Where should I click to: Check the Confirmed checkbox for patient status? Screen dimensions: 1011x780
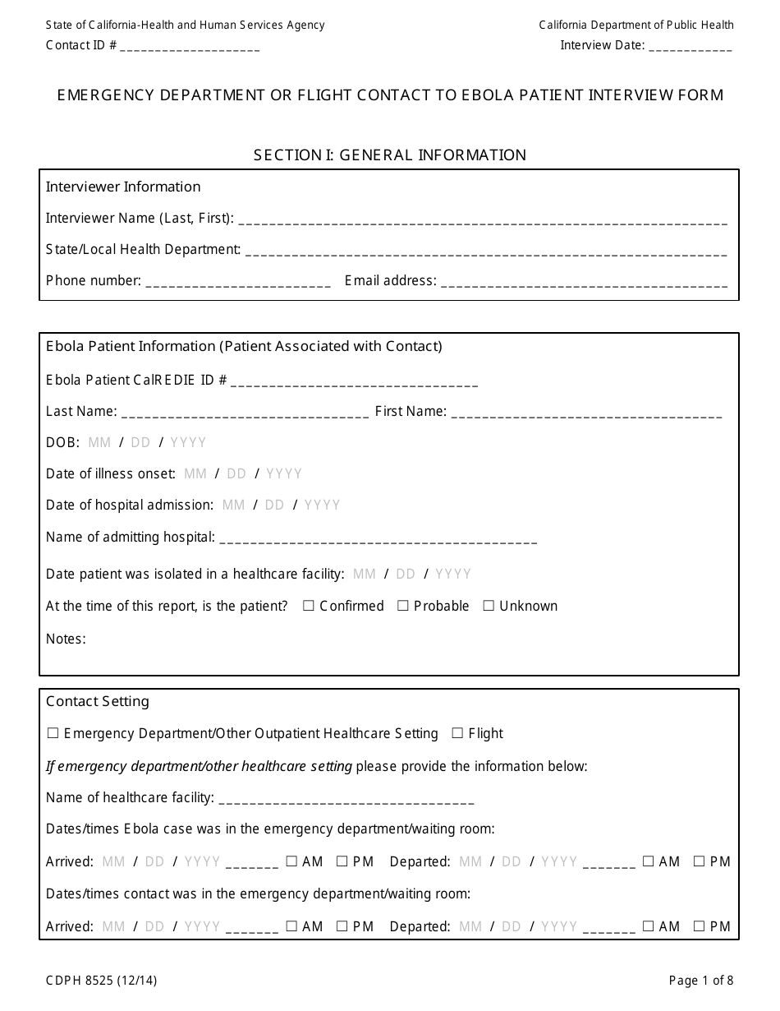[x=309, y=606]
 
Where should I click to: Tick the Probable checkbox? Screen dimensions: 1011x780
[x=403, y=606]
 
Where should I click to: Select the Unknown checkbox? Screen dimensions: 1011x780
[x=489, y=606]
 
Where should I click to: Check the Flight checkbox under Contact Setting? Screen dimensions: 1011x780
[x=458, y=733]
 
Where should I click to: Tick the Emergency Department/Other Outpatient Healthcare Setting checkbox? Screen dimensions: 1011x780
[x=53, y=733]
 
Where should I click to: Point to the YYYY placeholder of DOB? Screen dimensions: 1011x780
[x=188, y=442]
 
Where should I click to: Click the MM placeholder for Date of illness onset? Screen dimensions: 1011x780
[x=195, y=473]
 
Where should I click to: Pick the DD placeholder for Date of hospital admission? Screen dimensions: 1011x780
[x=274, y=505]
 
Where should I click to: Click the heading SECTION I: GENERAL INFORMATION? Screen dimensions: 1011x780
[x=390, y=155]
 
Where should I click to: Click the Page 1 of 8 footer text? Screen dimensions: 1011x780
[x=701, y=980]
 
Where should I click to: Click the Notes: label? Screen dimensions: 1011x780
[x=66, y=639]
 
